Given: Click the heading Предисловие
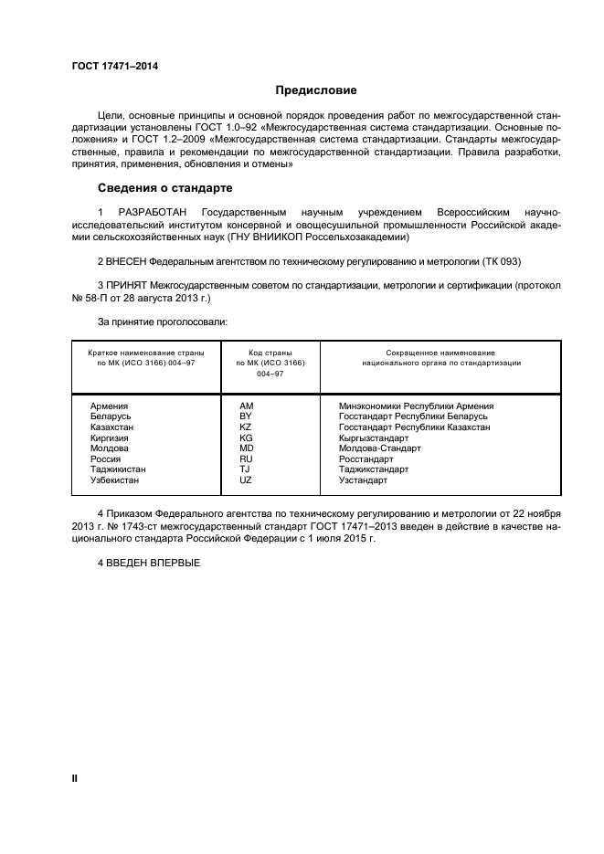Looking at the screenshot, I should pyautogui.click(x=316, y=90).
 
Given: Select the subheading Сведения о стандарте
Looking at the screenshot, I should pyautogui.click(x=164, y=188).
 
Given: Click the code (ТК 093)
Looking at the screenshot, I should pyautogui.click(x=500, y=260).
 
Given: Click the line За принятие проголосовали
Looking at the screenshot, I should pyautogui.click(x=163, y=322).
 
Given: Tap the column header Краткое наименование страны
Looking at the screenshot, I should pyautogui.click(x=146, y=352).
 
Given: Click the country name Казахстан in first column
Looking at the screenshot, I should pyautogui.click(x=112, y=427).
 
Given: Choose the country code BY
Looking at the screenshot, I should pyautogui.click(x=245, y=416).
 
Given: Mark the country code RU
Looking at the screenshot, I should pyautogui.click(x=246, y=459).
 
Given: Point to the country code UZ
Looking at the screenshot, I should pyautogui.click(x=246, y=480).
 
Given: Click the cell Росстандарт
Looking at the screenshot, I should pyautogui.click(x=366, y=459).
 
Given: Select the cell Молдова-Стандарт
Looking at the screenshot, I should pyautogui.click(x=379, y=448).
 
